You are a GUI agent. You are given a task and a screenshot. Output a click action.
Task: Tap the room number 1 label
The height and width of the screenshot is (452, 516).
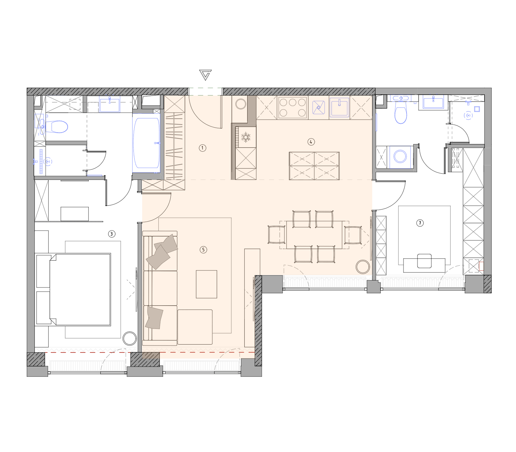(x=202, y=148)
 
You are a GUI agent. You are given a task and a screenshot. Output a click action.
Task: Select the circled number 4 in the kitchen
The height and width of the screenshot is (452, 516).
(x=311, y=142)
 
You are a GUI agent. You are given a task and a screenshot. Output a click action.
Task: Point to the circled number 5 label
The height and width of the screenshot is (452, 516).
(x=203, y=250)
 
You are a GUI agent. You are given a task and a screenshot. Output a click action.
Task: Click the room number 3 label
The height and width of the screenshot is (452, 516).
(x=112, y=234)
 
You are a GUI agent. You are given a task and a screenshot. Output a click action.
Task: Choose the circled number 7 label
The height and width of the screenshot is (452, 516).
(x=420, y=223)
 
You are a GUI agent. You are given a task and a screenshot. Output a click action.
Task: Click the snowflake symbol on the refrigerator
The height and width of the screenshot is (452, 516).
(x=246, y=137)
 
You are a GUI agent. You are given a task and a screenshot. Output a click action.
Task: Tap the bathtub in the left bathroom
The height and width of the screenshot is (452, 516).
(x=146, y=143)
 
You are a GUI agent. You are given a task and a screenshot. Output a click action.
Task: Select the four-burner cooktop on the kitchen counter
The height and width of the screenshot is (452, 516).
(x=292, y=107)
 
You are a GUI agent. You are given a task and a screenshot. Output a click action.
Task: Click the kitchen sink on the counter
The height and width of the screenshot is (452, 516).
(x=339, y=107)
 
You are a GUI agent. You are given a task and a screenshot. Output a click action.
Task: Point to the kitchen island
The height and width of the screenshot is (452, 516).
(x=314, y=166)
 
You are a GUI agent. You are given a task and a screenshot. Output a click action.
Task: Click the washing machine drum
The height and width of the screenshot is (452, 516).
(x=400, y=157)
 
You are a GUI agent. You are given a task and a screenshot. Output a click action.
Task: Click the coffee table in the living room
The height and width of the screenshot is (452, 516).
(x=206, y=284)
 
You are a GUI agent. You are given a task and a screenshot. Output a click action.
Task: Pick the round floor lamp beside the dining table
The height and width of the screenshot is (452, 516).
(x=363, y=267)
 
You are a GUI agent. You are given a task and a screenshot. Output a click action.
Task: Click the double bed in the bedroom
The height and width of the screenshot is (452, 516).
(x=80, y=289)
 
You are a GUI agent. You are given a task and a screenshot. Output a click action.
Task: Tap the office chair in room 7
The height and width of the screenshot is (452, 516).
(x=424, y=261)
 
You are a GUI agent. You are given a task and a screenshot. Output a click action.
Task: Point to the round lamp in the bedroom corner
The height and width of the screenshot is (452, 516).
(x=130, y=338)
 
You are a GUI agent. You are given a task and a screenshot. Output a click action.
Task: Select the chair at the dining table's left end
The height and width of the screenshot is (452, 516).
(x=277, y=235)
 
